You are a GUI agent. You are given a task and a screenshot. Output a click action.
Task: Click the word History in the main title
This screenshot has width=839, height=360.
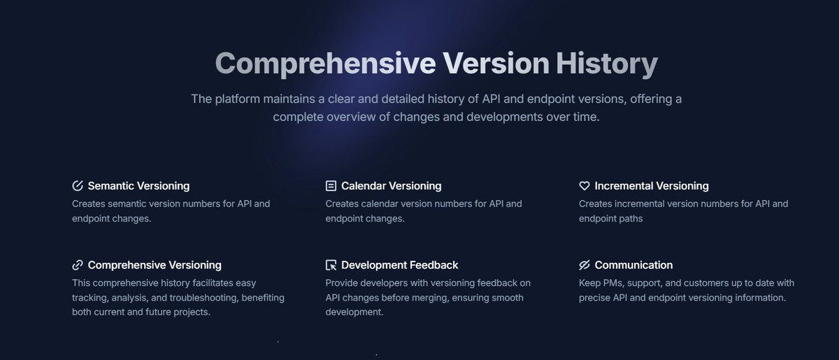coord(606,64)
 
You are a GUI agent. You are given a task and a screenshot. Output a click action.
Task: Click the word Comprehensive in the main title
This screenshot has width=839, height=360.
coord(326,64)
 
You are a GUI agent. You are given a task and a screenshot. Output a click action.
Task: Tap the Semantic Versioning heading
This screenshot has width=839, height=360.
coord(138,186)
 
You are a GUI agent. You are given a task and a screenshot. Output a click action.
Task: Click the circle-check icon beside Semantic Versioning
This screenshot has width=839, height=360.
coord(78,185)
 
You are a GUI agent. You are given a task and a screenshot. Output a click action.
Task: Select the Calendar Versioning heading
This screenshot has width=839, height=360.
coord(391,186)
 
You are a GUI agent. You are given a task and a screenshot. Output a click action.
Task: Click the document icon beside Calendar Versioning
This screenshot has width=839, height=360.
coord(331,186)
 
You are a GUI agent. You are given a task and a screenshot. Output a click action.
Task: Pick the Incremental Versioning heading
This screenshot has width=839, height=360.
coord(652,186)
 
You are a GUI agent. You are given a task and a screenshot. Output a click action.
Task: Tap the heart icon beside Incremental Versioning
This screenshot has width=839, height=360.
coord(585,186)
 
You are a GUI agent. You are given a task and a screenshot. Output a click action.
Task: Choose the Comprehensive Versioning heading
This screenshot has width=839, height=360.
coord(155,265)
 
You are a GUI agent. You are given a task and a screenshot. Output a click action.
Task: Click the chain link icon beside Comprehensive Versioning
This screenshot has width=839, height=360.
coord(78,265)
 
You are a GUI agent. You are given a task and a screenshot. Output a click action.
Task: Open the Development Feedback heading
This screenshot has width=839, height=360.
coord(400,265)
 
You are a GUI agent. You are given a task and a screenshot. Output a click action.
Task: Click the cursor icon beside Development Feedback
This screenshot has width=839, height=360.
coord(331,265)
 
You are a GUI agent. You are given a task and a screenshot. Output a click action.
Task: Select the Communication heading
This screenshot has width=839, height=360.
coord(633,265)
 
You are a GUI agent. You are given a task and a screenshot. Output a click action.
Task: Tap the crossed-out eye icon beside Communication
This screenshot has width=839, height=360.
coord(585,265)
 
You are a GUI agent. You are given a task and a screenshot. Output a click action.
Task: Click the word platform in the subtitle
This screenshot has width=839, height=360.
coord(238,99)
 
